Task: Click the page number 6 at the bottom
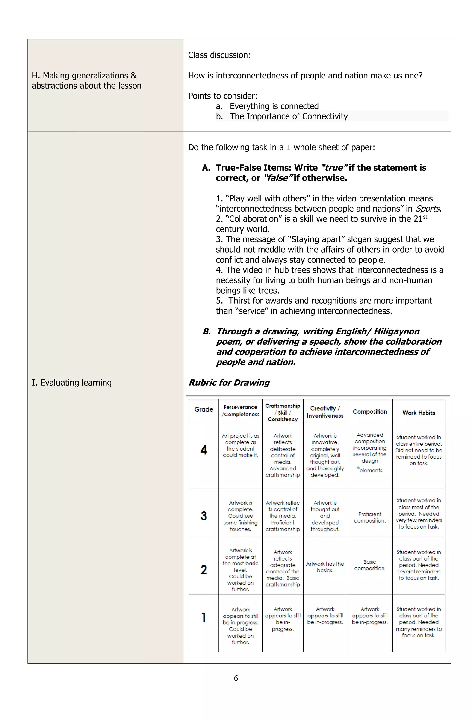(x=236, y=678)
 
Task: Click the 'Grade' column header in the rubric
(x=204, y=409)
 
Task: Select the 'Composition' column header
(x=369, y=412)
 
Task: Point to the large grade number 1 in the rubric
(x=204, y=617)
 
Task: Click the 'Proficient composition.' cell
(x=369, y=517)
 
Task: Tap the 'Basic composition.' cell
(x=369, y=565)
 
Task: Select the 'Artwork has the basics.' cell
(x=325, y=567)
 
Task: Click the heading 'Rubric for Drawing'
(x=229, y=382)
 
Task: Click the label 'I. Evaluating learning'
(x=72, y=383)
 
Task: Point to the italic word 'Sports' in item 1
(x=427, y=209)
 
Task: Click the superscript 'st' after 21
(x=425, y=217)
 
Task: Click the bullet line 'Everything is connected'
(x=274, y=106)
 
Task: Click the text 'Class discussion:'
(x=219, y=55)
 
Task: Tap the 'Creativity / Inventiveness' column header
(x=325, y=412)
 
